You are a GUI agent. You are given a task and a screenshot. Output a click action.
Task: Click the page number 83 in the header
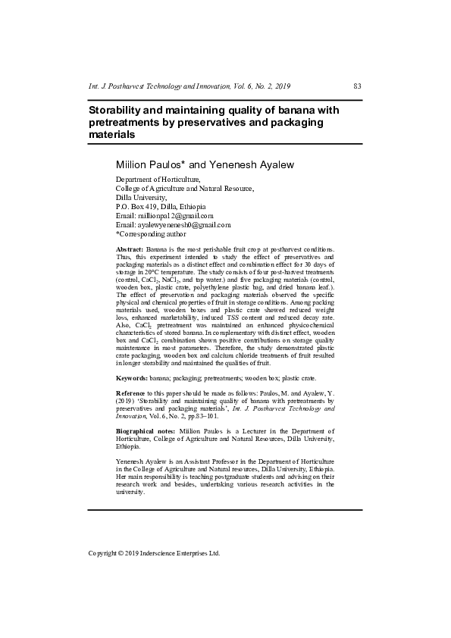357,87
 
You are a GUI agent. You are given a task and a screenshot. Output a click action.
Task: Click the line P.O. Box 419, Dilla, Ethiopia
160,206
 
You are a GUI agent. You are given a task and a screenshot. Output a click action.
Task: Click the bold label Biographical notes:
145,430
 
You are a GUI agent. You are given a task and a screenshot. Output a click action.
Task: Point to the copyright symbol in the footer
122,553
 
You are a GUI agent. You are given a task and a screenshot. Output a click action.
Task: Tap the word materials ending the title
112,135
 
